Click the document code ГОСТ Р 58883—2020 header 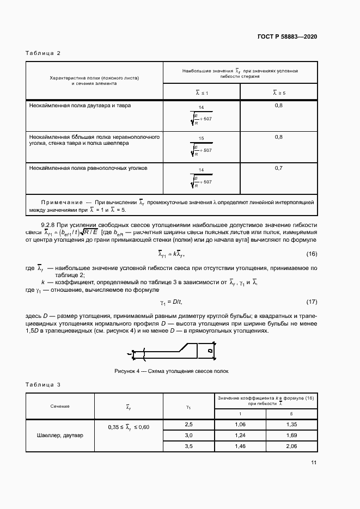tap(286, 37)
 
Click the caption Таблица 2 tap(43, 53)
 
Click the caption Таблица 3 tap(43, 385)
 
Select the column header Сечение tap(60, 406)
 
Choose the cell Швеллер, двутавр tap(60, 436)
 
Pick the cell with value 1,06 tap(241, 424)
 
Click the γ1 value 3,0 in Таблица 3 tap(189, 435)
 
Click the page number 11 tap(314, 463)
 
